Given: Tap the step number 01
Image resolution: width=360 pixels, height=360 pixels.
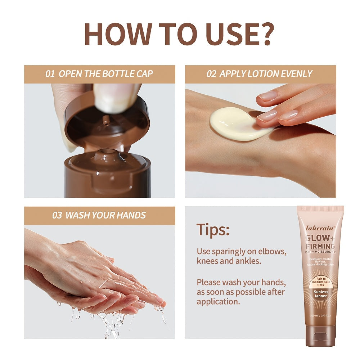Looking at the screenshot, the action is click(x=50, y=74).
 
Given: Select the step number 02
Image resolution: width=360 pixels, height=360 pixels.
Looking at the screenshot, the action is click(x=211, y=74).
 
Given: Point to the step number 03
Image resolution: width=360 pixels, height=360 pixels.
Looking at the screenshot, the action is click(x=57, y=215).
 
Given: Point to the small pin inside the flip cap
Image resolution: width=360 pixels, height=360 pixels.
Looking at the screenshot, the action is click(x=105, y=120).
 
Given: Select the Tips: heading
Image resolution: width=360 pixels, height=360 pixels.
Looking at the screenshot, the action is click(x=213, y=230).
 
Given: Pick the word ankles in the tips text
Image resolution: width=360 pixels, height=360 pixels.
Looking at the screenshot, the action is click(x=249, y=261).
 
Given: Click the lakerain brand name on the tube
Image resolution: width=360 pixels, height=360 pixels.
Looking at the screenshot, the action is click(x=320, y=228).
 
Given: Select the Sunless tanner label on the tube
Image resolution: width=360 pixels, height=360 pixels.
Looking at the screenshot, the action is click(x=321, y=294).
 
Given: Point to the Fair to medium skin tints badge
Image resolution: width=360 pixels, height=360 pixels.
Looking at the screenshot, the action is click(x=321, y=282).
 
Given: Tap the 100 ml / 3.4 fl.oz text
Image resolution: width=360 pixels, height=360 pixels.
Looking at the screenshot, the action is click(x=320, y=315).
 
